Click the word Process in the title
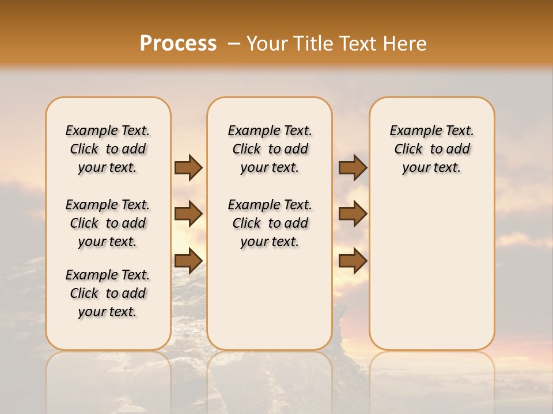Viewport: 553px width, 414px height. (178, 43)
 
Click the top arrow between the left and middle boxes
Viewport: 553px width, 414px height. (188, 168)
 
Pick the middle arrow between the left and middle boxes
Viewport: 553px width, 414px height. (188, 214)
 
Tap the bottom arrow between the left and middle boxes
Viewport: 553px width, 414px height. (188, 260)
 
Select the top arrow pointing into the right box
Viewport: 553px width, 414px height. (353, 168)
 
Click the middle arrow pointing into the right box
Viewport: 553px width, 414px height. (353, 214)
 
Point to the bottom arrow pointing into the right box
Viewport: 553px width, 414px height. (353, 260)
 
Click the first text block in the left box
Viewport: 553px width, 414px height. (108, 149)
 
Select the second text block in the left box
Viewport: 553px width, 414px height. (108, 223)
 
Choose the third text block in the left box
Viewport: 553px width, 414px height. (108, 293)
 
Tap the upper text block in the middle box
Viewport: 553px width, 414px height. (270, 149)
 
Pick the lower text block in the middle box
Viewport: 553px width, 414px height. (270, 223)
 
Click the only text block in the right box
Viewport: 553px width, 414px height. (431, 149)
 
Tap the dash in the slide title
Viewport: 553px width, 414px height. (234, 44)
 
